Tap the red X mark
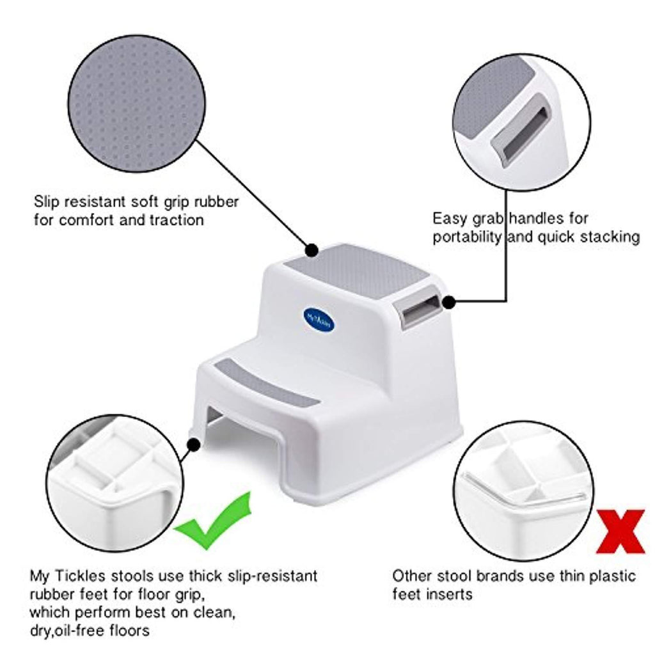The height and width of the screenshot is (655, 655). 620,532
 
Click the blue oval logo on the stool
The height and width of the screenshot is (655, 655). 320,321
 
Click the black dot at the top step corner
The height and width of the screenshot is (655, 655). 312,251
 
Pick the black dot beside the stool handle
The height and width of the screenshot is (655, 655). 448,302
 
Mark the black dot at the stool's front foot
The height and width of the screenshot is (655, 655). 193,445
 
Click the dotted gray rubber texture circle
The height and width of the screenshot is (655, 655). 137,104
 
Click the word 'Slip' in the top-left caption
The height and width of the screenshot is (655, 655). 45,201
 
